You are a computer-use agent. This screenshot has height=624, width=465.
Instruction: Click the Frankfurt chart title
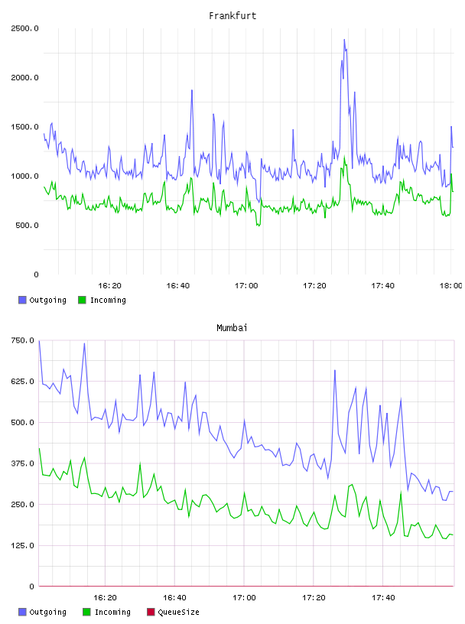click(232, 16)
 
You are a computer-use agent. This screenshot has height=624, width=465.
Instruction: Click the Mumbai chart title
click(232, 328)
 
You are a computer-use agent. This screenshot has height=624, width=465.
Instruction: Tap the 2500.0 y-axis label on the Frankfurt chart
click(24, 28)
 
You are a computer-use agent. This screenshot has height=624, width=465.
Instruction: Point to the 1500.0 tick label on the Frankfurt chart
click(24, 127)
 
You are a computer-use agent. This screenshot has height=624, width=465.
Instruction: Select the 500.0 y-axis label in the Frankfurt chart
click(27, 226)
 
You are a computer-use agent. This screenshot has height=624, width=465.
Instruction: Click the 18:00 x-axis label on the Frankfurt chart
click(450, 286)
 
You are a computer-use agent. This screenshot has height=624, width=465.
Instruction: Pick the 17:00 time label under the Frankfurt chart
click(246, 286)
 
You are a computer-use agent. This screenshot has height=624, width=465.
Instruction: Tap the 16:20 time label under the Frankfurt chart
click(109, 286)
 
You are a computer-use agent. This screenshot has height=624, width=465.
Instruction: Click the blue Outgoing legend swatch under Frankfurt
click(22, 300)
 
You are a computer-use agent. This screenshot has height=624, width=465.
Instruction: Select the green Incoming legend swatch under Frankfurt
click(82, 300)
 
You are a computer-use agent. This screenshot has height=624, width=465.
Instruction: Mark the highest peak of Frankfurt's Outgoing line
click(344, 40)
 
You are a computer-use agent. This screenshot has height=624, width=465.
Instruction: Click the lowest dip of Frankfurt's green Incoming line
click(258, 226)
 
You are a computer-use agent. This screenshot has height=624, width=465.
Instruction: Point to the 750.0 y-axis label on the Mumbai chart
click(23, 340)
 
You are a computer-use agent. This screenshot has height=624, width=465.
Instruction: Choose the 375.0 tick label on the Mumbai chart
click(23, 463)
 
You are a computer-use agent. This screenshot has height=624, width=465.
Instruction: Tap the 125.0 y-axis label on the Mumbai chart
click(23, 545)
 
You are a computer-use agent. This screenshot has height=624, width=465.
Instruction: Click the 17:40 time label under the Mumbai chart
click(383, 598)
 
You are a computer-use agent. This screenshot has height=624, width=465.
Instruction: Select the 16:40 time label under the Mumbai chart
click(174, 598)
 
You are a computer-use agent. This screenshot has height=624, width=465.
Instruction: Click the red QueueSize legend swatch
click(151, 612)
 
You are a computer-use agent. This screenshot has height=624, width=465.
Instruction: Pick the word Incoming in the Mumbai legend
click(112, 612)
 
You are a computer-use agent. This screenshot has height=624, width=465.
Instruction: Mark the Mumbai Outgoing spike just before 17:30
click(335, 370)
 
